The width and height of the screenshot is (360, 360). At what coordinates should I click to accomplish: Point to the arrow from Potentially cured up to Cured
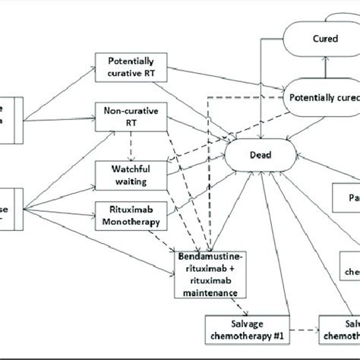[326, 69]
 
